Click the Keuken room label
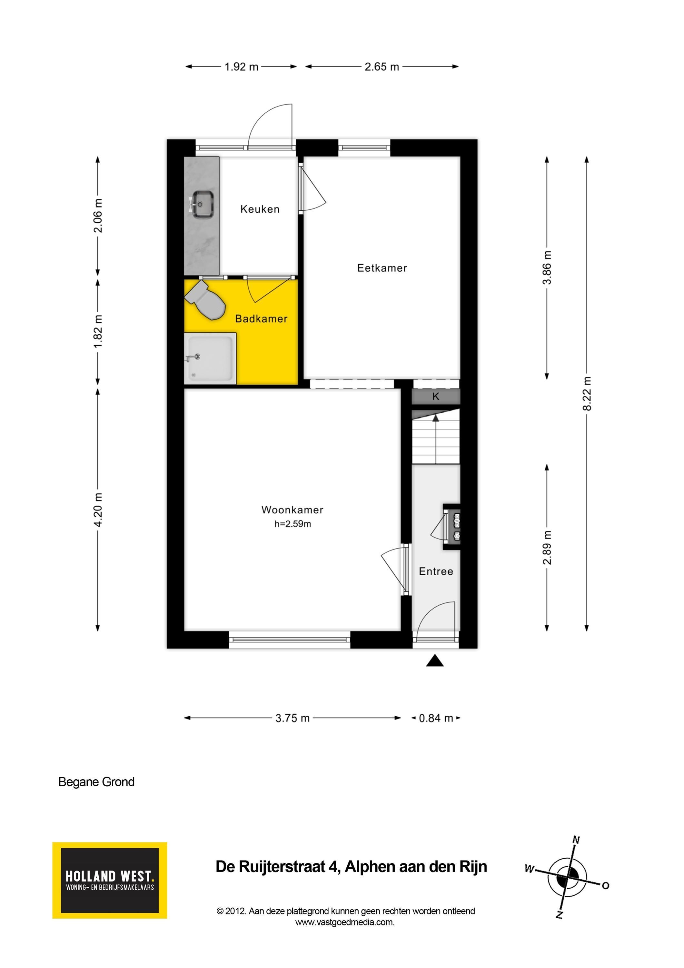[x=260, y=209]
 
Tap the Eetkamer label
[x=382, y=268]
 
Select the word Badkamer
[x=261, y=319]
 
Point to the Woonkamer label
[x=292, y=510]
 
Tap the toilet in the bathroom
[x=205, y=300]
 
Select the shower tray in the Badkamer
[x=210, y=358]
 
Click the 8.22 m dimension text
[x=587, y=394]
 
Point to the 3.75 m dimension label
[x=292, y=718]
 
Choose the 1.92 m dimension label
[x=241, y=66]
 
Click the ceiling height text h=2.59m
[x=292, y=524]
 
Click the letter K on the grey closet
[x=436, y=396]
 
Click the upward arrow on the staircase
[x=436, y=439]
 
